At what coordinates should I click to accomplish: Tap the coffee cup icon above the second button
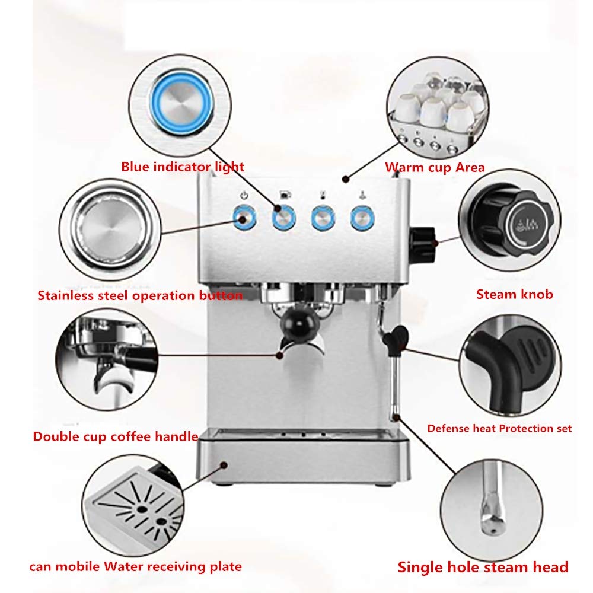tap(283, 195)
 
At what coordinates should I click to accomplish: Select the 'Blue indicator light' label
tap(183, 167)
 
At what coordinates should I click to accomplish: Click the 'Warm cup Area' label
tap(435, 167)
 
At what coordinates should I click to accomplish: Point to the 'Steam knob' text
tap(514, 294)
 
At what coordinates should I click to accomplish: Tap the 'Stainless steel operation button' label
tap(140, 295)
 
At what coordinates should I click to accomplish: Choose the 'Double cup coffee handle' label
tap(115, 437)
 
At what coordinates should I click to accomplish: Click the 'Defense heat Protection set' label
tap(499, 428)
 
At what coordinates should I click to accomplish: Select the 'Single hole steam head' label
tap(483, 566)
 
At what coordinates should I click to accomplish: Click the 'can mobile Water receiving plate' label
tap(136, 566)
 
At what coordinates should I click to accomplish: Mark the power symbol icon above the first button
tap(243, 195)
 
